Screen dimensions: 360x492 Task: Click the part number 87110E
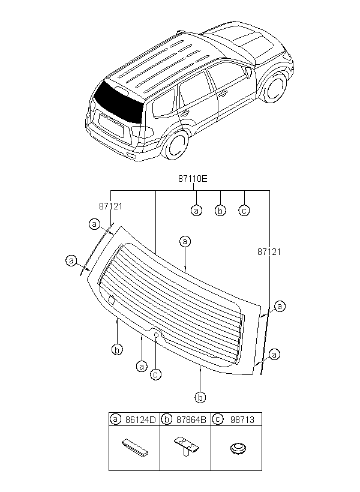[193, 179]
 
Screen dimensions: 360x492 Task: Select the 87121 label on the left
[111, 206]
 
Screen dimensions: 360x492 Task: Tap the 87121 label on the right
[269, 251]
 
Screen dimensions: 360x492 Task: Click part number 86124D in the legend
[140, 420]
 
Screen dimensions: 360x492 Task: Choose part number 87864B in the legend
[191, 420]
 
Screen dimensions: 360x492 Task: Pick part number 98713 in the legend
[242, 420]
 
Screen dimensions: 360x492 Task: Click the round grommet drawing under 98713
[238, 448]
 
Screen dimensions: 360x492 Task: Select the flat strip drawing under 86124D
[135, 447]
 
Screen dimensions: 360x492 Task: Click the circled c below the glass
[155, 374]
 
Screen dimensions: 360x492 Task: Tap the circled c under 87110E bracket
[244, 210]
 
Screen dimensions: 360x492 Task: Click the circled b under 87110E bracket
[220, 210]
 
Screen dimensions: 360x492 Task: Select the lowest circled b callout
[200, 397]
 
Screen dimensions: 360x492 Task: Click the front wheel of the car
[276, 87]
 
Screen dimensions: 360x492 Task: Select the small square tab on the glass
[112, 300]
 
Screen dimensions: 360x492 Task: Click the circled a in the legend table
[116, 419]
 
